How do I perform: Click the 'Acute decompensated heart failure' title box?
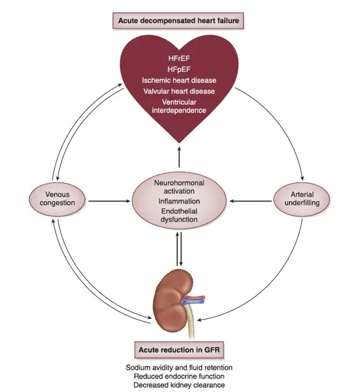(178, 20)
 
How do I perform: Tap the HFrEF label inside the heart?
(179, 58)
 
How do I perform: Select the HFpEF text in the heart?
(179, 69)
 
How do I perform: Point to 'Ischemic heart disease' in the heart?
(179, 80)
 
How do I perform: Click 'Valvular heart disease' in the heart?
(179, 91)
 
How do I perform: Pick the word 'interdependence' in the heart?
(179, 110)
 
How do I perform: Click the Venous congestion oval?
(57, 199)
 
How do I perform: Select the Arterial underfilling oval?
(302, 199)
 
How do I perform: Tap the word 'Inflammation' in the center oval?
(179, 202)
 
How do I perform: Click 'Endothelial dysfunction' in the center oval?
(179, 215)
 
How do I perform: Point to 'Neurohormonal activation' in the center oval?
(179, 187)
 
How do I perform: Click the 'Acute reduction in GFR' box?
(179, 350)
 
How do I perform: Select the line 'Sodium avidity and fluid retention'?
(179, 367)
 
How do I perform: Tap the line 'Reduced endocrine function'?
(179, 376)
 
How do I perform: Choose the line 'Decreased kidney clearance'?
(179, 385)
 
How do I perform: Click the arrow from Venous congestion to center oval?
(109, 201)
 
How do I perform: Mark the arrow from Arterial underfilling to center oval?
(251, 201)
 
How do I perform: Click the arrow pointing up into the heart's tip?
(179, 157)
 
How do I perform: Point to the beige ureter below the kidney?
(190, 323)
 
